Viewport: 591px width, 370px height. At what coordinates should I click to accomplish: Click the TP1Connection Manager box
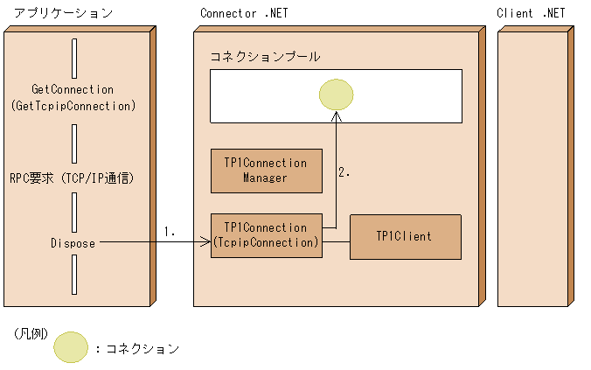click(266, 171)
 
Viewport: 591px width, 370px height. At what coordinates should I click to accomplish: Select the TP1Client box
click(405, 236)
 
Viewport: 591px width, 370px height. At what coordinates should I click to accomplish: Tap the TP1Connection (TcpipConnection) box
click(266, 235)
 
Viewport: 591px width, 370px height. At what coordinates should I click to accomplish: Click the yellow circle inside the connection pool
click(336, 94)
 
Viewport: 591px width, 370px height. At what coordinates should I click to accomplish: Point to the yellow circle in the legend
click(71, 348)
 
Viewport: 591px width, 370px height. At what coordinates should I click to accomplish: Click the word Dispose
click(73, 243)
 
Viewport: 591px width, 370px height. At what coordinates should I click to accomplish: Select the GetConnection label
click(73, 89)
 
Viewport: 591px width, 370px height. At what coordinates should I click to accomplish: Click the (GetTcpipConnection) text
click(73, 105)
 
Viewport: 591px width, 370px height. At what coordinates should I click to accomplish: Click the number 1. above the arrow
click(170, 232)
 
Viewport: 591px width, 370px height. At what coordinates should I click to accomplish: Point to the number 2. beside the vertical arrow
click(344, 173)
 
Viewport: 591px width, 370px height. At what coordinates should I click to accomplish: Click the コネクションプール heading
click(265, 57)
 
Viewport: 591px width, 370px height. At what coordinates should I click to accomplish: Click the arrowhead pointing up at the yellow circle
click(336, 116)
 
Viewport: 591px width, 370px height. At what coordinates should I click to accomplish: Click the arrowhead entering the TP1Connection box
click(205, 243)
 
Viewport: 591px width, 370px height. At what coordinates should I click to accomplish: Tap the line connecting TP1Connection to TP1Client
click(336, 236)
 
